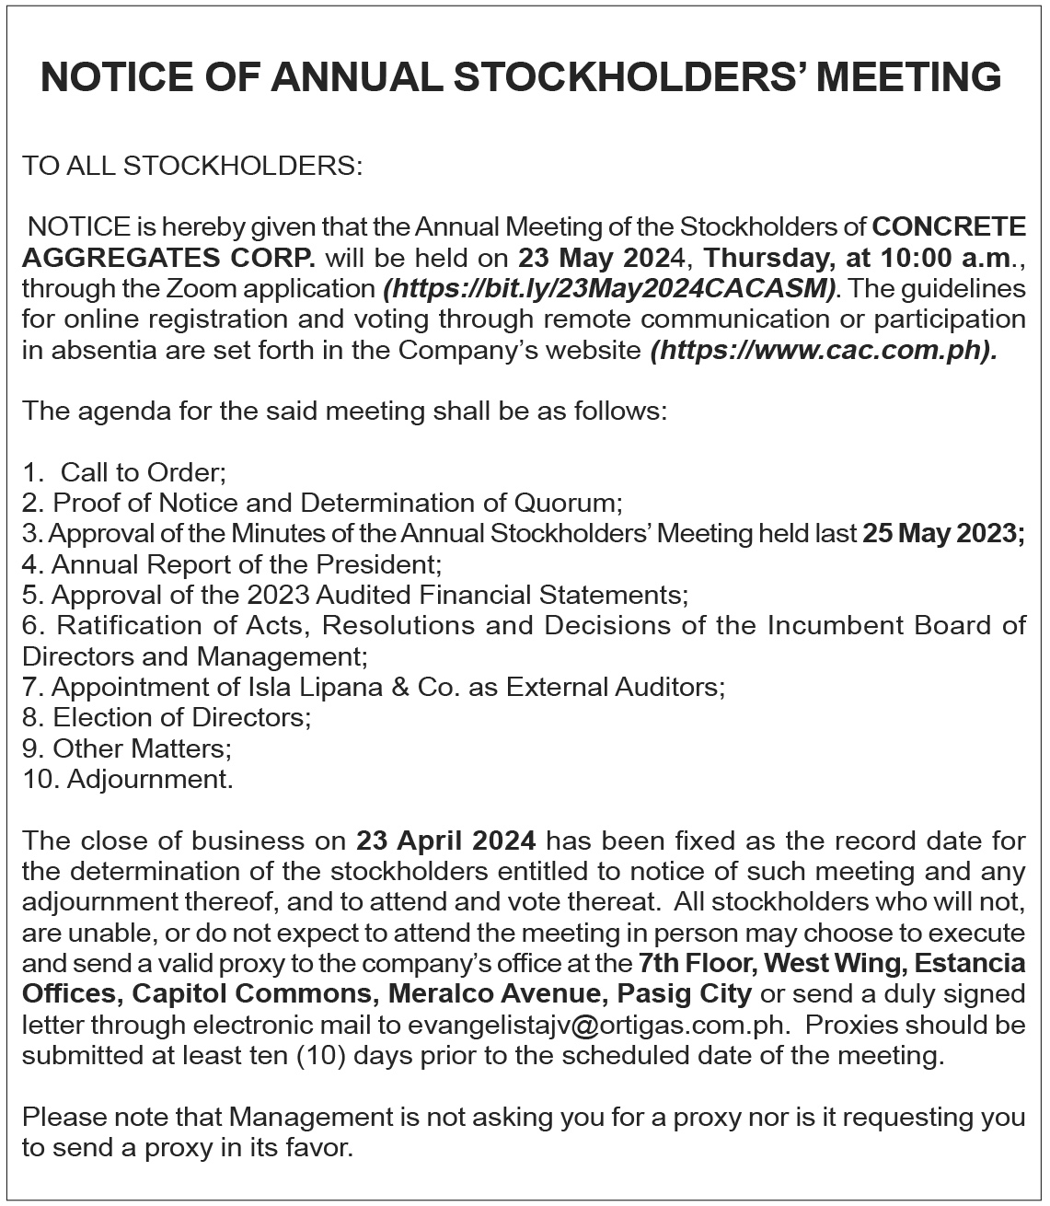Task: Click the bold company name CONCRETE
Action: [x=948, y=226]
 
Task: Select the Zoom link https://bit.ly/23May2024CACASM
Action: [x=609, y=288]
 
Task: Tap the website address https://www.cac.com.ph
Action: [x=822, y=350]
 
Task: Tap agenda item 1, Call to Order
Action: [x=143, y=473]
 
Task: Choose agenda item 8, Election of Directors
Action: [x=182, y=717]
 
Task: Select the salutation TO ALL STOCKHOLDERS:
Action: [x=193, y=166]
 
